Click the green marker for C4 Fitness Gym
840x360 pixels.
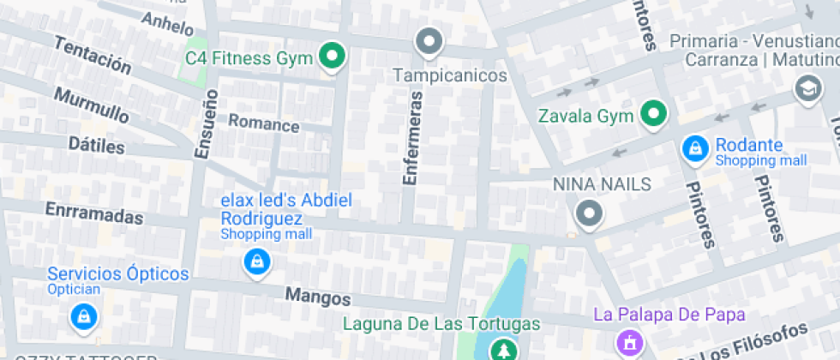click(332, 57)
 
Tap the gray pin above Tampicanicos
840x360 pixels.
click(428, 40)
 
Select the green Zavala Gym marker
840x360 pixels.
click(655, 114)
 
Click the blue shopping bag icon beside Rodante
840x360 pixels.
click(694, 149)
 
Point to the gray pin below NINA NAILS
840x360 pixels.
click(589, 213)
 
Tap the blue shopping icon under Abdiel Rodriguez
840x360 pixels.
click(255, 261)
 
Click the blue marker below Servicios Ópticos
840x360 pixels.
click(83, 316)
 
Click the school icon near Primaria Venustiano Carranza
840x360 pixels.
click(807, 88)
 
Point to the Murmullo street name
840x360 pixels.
click(91, 104)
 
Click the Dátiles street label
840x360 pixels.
click(96, 145)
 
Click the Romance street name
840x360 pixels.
click(263, 124)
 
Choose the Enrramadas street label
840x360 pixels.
click(93, 213)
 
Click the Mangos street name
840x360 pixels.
click(318, 297)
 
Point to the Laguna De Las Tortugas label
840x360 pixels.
click(441, 324)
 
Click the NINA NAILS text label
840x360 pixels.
click(602, 184)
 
